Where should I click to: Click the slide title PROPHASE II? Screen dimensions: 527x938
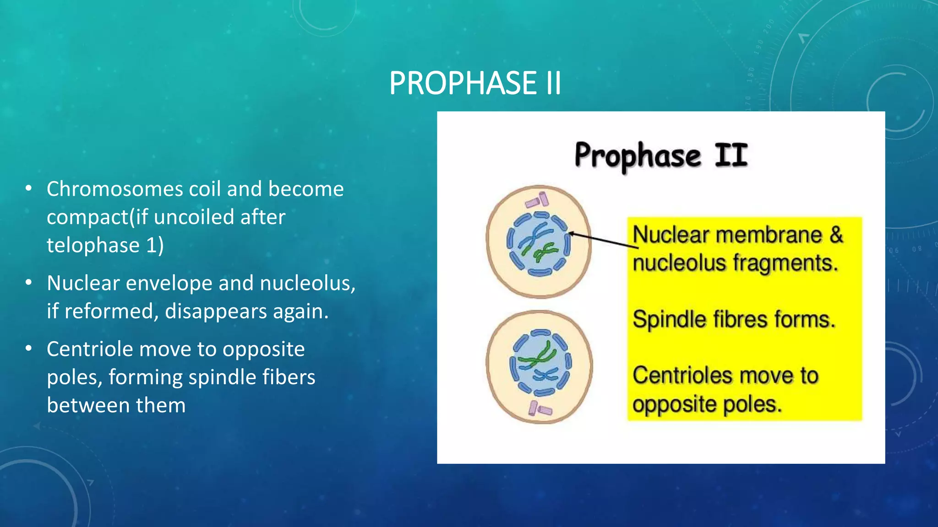point(475,83)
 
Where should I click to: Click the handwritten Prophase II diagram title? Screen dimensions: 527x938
point(661,156)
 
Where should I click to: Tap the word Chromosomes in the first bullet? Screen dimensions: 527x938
point(115,189)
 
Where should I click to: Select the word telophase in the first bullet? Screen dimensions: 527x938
point(93,245)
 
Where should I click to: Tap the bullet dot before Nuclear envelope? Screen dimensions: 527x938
point(29,282)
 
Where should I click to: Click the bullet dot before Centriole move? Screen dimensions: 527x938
point(29,349)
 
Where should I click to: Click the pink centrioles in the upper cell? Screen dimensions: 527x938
point(537,200)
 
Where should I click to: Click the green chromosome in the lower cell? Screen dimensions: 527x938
point(539,357)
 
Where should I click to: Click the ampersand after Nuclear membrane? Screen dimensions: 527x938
point(836,235)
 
